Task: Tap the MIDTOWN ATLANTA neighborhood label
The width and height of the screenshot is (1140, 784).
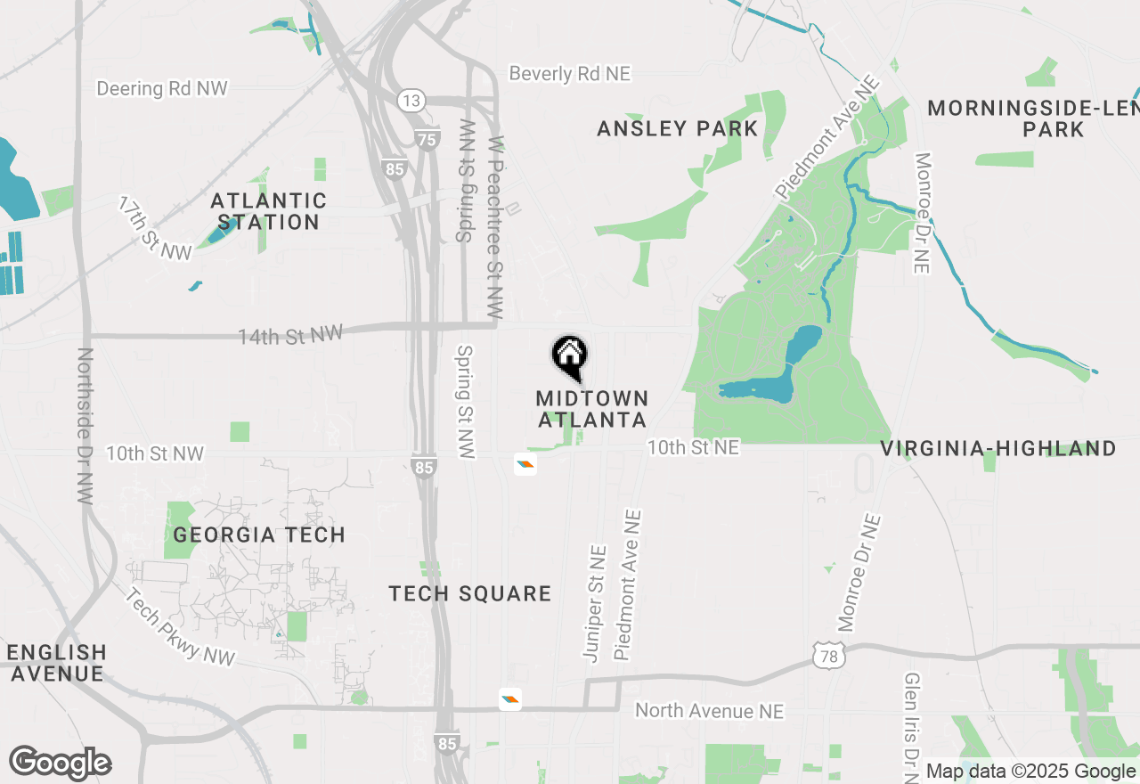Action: [x=592, y=409]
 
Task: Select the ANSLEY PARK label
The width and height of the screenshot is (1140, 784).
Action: [x=677, y=128]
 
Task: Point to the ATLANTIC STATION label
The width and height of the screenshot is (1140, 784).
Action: [x=269, y=211]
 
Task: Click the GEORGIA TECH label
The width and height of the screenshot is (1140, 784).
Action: [x=259, y=535]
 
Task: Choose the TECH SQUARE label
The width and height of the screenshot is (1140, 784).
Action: [x=470, y=593]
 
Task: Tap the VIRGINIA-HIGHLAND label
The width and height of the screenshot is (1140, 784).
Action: [x=998, y=448]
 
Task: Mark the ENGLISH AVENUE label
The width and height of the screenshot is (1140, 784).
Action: [x=57, y=663]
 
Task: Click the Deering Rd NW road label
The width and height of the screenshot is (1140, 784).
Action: [x=162, y=88]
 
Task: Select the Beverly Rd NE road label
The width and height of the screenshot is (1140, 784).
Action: [x=570, y=73]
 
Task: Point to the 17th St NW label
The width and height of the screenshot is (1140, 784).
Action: [x=155, y=229]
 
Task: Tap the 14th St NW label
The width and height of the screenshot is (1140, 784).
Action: [x=290, y=335]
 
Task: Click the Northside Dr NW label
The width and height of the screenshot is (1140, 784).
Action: [x=85, y=426]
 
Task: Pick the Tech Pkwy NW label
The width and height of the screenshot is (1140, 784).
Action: [x=181, y=627]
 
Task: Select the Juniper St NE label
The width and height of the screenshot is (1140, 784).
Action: [x=594, y=603]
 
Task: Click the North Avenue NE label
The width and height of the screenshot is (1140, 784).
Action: [x=709, y=710]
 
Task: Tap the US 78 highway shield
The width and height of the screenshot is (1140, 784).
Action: [x=827, y=657]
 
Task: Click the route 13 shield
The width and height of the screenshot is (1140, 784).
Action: [x=411, y=101]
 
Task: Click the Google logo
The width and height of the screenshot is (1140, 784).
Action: [x=61, y=763]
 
